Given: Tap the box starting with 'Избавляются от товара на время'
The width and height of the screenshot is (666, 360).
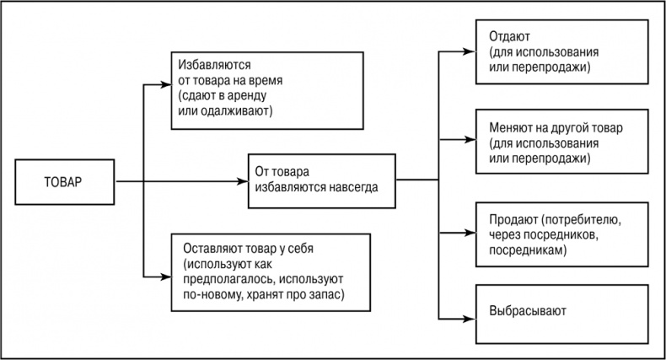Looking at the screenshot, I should (239, 88).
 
